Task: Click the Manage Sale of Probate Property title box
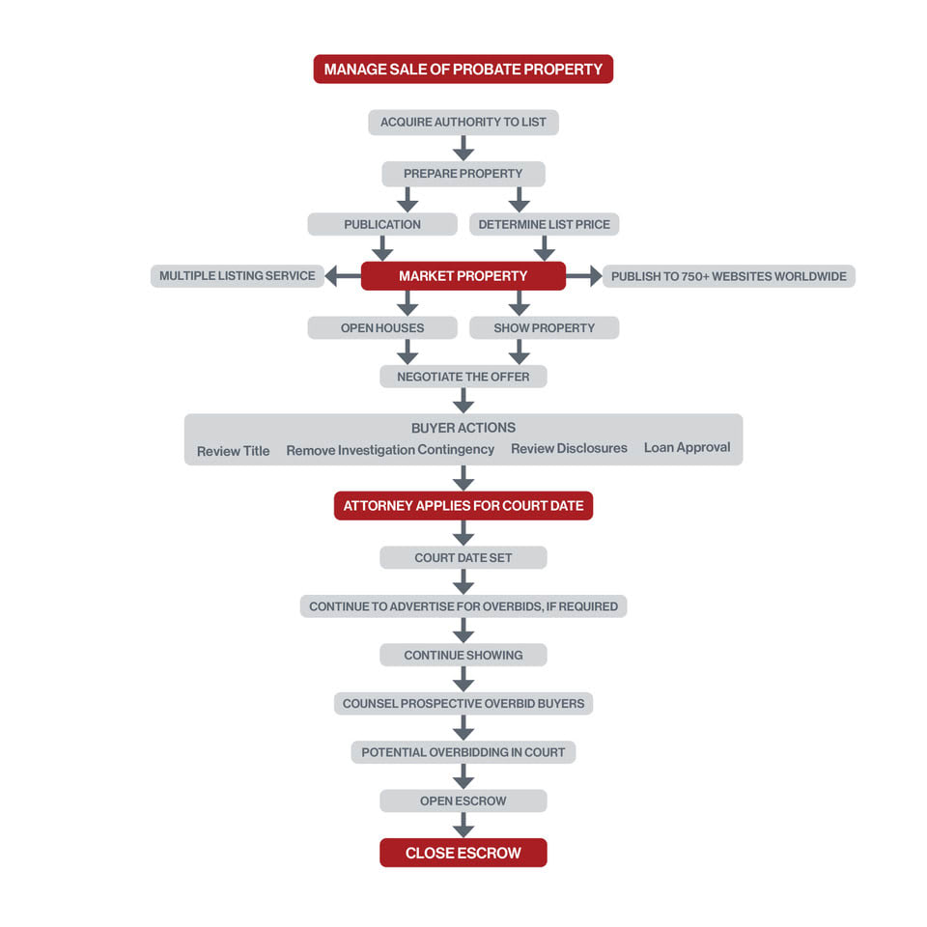[463, 70]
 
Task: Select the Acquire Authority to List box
[463, 122]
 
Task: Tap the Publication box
[382, 224]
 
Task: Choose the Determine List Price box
[544, 224]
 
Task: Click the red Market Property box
[463, 276]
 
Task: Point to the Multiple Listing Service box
[238, 276]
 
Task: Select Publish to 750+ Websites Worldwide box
[728, 276]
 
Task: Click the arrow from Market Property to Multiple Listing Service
[343, 275]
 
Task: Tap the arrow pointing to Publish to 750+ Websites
[584, 275]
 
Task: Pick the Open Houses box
[382, 327]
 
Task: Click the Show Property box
[544, 327]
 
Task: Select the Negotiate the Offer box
[463, 377]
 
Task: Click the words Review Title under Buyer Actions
[233, 451]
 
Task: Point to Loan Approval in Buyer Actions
[687, 447]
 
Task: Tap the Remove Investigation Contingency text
[390, 450]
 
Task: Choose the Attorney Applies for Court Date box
[463, 505]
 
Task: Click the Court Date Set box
[463, 557]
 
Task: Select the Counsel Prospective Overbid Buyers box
[463, 704]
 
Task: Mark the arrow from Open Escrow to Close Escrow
[463, 825]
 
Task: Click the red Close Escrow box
[463, 853]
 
